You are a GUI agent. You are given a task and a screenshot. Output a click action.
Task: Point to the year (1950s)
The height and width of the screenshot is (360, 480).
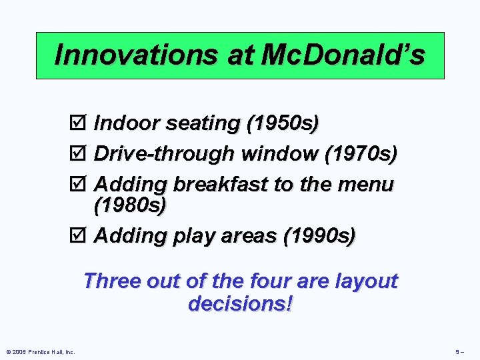pyautogui.click(x=282, y=124)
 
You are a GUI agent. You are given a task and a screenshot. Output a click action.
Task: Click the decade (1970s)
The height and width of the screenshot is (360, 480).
pyautogui.click(x=360, y=154)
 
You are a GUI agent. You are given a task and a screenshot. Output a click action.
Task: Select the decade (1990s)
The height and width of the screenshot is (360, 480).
pyautogui.click(x=319, y=236)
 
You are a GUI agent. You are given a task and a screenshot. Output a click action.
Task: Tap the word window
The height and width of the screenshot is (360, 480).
pyautogui.click(x=279, y=154)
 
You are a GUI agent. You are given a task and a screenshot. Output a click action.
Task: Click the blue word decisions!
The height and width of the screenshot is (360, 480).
pyautogui.click(x=241, y=304)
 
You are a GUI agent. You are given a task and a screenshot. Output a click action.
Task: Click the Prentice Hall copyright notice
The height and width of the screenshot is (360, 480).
pyautogui.click(x=41, y=351)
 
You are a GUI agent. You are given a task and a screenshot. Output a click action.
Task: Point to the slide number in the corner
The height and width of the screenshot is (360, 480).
pyautogui.click(x=460, y=351)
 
